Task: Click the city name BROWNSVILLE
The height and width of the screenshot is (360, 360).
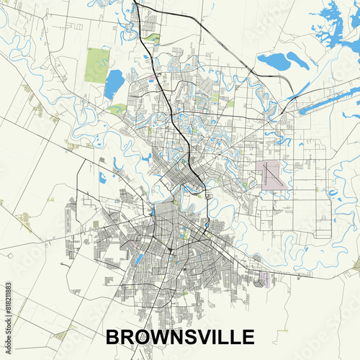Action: click(180, 337)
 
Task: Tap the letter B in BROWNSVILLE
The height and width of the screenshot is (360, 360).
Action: click(114, 337)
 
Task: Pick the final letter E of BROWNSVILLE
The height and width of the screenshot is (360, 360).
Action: click(246, 337)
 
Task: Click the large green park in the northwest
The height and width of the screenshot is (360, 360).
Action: click(96, 65)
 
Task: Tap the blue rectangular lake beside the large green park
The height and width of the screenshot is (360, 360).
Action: click(114, 84)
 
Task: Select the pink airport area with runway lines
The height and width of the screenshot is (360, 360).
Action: click(272, 175)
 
